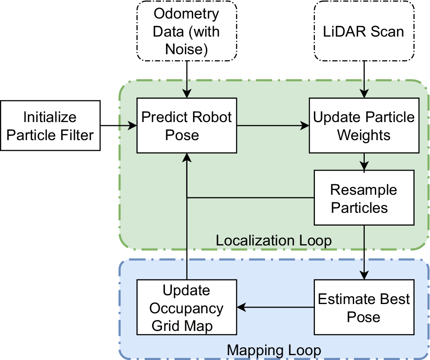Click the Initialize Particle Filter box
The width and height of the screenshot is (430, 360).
point(50,126)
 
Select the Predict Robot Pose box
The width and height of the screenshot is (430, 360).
point(187,126)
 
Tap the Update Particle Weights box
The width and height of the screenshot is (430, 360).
point(364,126)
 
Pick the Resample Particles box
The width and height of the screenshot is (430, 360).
point(364,198)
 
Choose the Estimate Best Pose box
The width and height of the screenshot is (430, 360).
point(364,308)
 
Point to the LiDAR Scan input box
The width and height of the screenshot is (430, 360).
point(364,31)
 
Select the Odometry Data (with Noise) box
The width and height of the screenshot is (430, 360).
point(187,31)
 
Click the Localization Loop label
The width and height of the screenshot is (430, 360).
point(273,241)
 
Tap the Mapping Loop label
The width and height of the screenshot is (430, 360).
point(273,350)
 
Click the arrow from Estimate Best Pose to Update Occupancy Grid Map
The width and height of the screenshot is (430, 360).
point(275,308)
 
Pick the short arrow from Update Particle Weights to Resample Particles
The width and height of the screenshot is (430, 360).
point(364,161)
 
